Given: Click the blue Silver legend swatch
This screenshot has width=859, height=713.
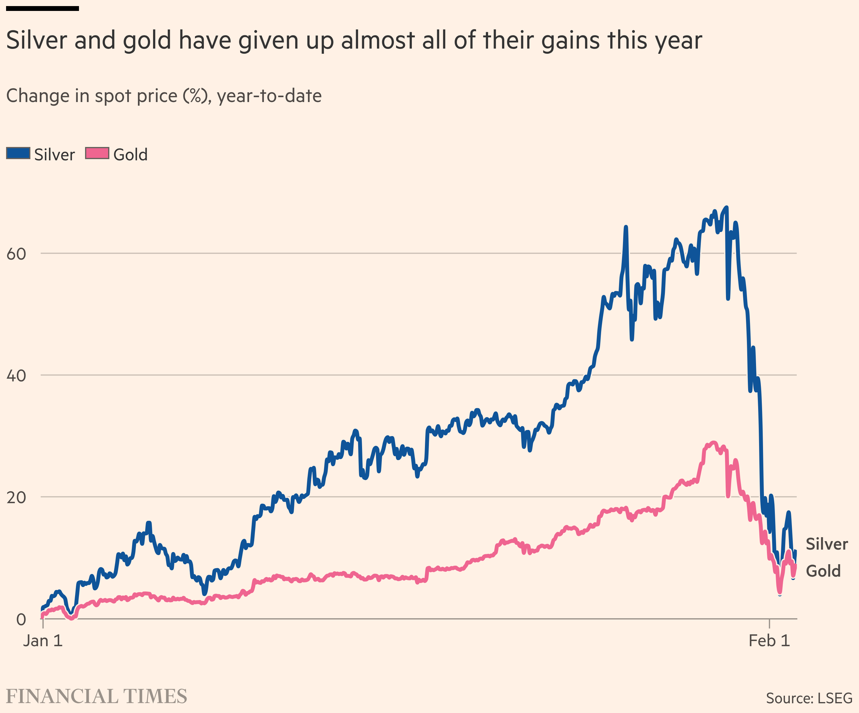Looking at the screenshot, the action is tap(18, 153).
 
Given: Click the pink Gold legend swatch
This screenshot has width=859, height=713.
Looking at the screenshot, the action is tap(97, 153).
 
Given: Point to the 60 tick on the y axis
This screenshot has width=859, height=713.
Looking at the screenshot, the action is tap(16, 254).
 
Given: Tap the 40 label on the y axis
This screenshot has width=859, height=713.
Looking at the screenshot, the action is tap(16, 375).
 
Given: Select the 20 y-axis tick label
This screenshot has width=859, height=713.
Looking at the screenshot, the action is tap(16, 497).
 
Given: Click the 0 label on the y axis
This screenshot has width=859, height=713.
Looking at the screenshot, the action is tap(21, 619).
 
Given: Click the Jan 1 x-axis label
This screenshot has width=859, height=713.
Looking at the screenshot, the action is tap(43, 641).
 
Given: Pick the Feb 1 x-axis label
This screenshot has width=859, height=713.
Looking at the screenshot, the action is tap(769, 641).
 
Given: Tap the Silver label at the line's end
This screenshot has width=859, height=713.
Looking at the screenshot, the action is tap(827, 544).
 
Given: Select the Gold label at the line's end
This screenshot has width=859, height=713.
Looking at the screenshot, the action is tap(823, 571).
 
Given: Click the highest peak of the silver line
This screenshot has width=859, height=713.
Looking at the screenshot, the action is tap(727, 207).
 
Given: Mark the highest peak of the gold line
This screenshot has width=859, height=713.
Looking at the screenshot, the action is tap(714, 442).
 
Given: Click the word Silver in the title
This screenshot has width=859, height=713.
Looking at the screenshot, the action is tap(37, 40).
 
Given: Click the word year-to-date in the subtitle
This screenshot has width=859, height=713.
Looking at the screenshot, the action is tap(269, 96).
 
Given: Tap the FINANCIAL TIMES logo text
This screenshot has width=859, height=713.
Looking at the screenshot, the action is tap(97, 696).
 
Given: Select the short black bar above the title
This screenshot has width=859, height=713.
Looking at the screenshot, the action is tap(43, 8).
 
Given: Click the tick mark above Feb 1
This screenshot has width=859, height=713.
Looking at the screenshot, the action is tap(769, 624).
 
